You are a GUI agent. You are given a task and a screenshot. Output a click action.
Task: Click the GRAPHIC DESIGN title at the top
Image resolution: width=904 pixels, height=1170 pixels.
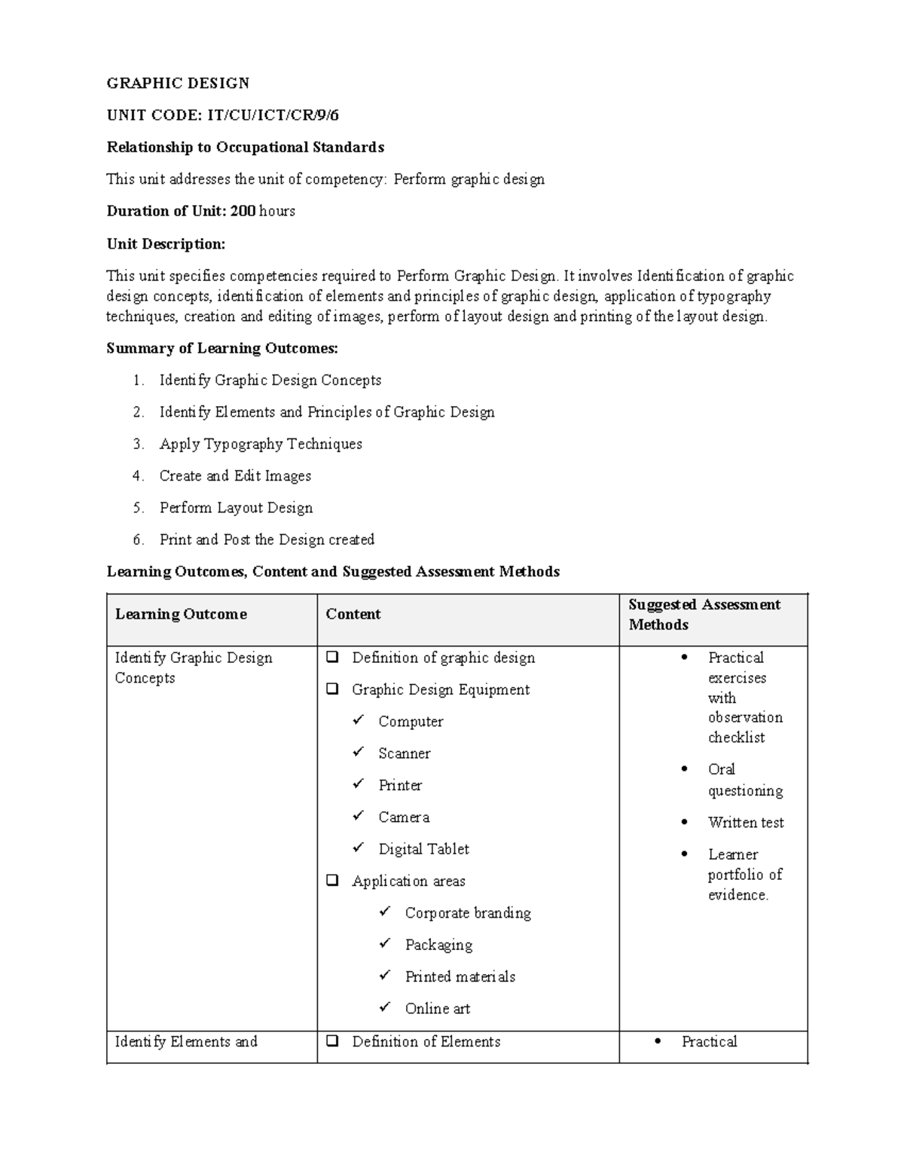178,83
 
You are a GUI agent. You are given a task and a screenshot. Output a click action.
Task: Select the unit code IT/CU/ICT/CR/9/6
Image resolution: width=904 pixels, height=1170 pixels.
273,115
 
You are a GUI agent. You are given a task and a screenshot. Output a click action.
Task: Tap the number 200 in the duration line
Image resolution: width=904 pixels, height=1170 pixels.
243,211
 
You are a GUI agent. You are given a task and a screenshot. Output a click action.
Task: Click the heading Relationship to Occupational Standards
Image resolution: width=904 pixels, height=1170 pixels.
246,147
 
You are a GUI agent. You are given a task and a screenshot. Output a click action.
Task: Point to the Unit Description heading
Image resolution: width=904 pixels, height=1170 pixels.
166,243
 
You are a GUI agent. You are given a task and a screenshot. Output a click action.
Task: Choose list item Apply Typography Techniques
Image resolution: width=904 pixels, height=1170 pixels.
261,444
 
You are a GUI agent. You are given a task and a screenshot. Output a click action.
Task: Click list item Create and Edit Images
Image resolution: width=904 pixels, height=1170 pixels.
235,475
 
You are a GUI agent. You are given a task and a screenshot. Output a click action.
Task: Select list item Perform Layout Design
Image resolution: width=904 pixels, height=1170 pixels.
236,508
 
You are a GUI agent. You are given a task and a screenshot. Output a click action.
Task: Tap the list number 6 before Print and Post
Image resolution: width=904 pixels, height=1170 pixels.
138,539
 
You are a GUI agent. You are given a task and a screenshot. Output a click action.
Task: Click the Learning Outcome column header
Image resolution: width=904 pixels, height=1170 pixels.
181,614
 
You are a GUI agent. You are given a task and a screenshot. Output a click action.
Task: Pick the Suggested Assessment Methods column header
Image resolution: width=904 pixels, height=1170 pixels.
704,614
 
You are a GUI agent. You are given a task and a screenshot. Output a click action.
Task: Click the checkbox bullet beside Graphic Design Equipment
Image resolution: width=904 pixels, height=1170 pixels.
331,689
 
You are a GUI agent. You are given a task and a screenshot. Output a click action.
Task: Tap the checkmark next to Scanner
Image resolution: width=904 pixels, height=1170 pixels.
359,752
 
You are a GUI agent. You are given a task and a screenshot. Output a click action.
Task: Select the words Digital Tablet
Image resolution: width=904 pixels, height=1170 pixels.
423,849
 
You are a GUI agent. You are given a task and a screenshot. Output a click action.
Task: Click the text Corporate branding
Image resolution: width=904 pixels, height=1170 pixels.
468,913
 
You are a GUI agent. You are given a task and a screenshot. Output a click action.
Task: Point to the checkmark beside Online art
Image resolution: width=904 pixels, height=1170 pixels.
385,1007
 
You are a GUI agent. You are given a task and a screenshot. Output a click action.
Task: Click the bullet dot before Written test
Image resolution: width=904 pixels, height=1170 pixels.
684,822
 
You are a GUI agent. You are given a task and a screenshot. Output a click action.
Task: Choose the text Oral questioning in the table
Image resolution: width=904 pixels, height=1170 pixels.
744,780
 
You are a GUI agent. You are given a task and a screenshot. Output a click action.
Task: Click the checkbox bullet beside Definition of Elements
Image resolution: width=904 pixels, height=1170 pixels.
331,1041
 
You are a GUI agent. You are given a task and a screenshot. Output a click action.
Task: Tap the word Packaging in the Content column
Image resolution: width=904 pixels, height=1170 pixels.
438,945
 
